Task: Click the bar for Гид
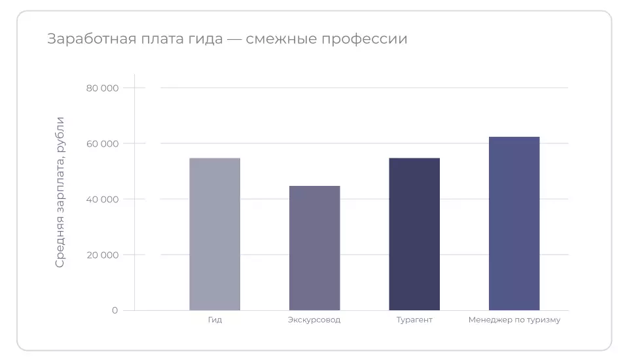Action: pos(215,234)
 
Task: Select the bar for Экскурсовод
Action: pos(314,248)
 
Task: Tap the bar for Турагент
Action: pos(414,234)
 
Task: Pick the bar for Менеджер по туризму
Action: pos(514,224)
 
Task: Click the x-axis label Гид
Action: pos(215,320)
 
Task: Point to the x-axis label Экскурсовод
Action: pos(314,320)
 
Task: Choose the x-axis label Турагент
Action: pos(414,320)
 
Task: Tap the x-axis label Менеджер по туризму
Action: pos(514,320)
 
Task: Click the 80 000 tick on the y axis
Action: pos(102,88)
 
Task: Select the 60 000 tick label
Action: pos(102,143)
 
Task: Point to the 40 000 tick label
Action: pos(102,199)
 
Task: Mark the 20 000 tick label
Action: pos(102,255)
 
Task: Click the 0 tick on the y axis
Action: pos(115,310)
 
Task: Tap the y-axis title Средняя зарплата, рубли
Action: pos(60,192)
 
